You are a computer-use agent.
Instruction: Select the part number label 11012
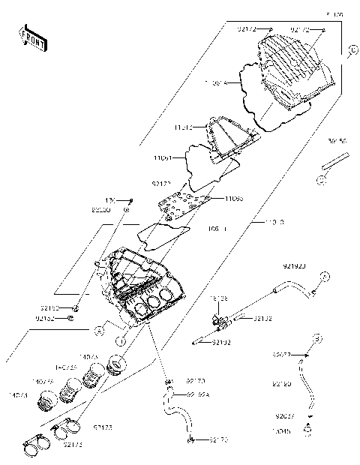(184, 128)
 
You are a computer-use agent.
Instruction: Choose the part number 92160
(282, 385)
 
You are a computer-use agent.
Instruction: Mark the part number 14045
(282, 432)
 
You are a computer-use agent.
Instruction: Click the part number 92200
(102, 211)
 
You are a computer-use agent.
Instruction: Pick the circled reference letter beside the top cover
(352, 51)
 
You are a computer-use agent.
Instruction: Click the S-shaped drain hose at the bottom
(177, 417)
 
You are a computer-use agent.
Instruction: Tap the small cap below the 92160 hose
(307, 430)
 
